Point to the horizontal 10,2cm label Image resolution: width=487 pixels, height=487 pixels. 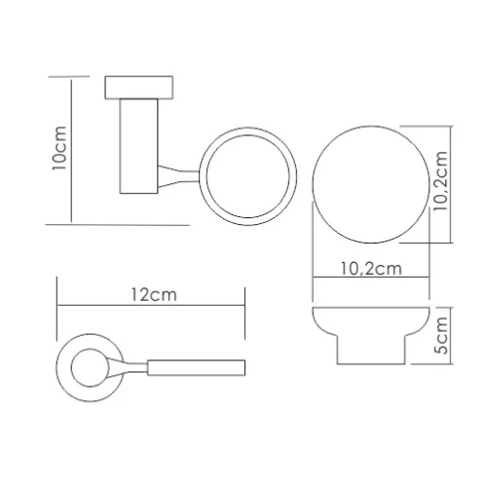370,270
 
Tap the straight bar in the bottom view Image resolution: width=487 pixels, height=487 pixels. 196,367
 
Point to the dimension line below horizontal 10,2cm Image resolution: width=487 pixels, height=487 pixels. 370,282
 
